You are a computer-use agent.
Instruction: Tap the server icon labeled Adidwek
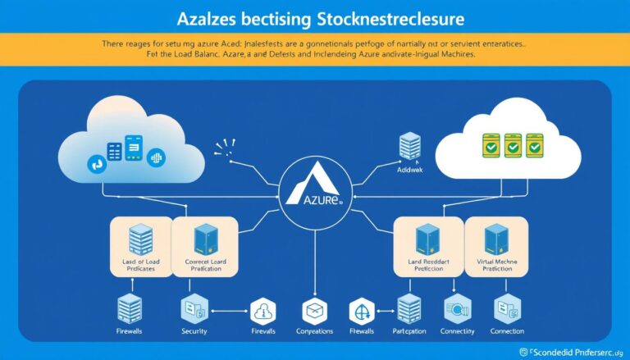pyautogui.click(x=409, y=148)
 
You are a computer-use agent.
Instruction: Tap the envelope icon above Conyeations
pyautogui.click(x=315, y=311)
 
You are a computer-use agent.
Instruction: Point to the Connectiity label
pyautogui.click(x=457, y=331)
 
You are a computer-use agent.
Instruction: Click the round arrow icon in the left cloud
pyautogui.click(x=97, y=165)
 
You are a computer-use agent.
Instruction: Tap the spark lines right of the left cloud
pyautogui.click(x=223, y=148)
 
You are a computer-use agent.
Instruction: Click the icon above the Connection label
pyautogui.click(x=506, y=310)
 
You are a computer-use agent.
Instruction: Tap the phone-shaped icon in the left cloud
pyautogui.click(x=134, y=146)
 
